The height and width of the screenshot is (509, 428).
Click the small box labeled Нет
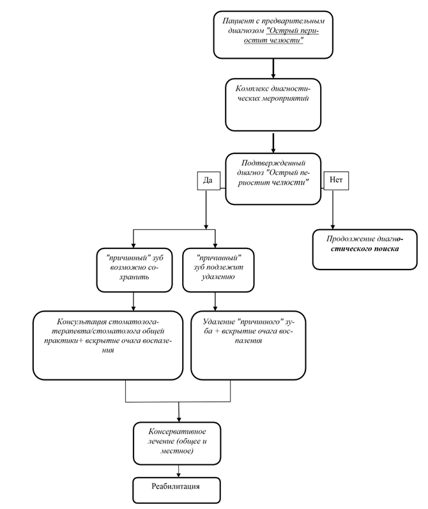[336, 181]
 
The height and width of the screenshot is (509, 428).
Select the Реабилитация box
[177, 490]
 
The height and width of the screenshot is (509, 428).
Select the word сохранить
[134, 277]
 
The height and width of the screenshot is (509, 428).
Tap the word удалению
[218, 277]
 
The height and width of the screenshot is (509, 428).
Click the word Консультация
[82, 322]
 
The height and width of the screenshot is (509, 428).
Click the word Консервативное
[178, 432]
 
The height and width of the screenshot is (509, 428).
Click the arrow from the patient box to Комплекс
[273, 68]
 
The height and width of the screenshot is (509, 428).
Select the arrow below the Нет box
[333, 209]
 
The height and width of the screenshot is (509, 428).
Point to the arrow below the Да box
[206, 209]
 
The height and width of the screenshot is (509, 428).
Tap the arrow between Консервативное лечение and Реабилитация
[178, 471]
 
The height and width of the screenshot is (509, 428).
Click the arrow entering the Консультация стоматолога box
[134, 301]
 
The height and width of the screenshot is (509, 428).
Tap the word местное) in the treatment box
[177, 452]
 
